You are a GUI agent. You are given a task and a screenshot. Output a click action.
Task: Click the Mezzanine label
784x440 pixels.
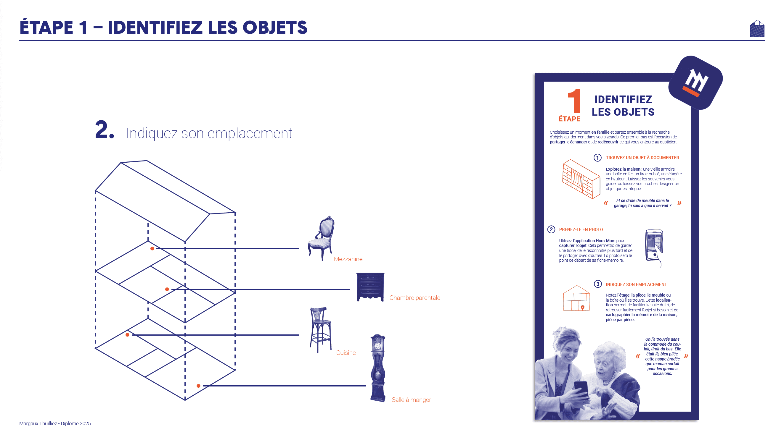[x=348, y=259]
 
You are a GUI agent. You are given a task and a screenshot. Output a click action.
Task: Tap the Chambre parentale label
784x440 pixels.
[x=415, y=298]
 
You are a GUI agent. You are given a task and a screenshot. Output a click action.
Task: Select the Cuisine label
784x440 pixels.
[x=346, y=353]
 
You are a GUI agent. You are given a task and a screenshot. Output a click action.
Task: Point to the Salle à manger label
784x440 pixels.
[x=411, y=400]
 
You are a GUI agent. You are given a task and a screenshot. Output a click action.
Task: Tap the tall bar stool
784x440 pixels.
[x=320, y=330]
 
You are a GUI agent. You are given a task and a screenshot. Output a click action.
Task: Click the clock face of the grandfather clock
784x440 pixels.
[x=377, y=346]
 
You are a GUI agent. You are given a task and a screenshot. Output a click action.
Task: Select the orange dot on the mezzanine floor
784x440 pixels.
[x=152, y=249]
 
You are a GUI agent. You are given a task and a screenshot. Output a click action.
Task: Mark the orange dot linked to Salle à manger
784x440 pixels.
[x=198, y=386]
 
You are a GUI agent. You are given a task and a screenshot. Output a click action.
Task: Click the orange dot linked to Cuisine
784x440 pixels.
[x=128, y=335]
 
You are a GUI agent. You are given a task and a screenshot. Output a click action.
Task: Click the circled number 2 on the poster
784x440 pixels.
[x=551, y=229]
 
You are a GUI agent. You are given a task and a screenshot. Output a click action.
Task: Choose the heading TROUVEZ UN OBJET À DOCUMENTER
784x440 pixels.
[x=642, y=158]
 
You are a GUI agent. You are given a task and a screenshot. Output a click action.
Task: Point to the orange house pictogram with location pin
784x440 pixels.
[x=576, y=298]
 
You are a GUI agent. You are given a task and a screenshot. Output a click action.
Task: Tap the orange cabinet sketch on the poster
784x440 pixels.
[x=581, y=179]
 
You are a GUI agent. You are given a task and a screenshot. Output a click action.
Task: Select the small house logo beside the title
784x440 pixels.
[x=757, y=29]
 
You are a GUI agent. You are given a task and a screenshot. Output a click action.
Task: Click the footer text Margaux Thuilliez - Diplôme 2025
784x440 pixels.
[x=55, y=424]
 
